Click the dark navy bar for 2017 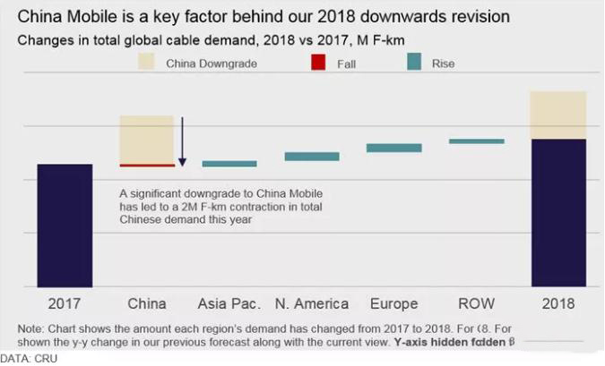pyautogui.click(x=65, y=225)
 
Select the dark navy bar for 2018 pyautogui.click(x=558, y=212)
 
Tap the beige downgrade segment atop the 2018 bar pyautogui.click(x=558, y=115)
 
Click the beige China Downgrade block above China pyautogui.click(x=147, y=139)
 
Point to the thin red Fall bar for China pyautogui.click(x=147, y=165)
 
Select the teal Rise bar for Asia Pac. pyautogui.click(x=229, y=164)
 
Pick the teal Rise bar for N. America pyautogui.click(x=312, y=157)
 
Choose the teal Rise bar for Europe pyautogui.click(x=394, y=148)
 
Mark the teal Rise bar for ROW pyautogui.click(x=476, y=140)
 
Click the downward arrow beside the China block pyautogui.click(x=182, y=141)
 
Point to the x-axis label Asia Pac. pyautogui.click(x=229, y=303)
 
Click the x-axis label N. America pyautogui.click(x=312, y=303)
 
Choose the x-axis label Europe pyautogui.click(x=394, y=303)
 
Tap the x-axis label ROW pyautogui.click(x=476, y=303)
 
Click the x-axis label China pyautogui.click(x=147, y=303)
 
